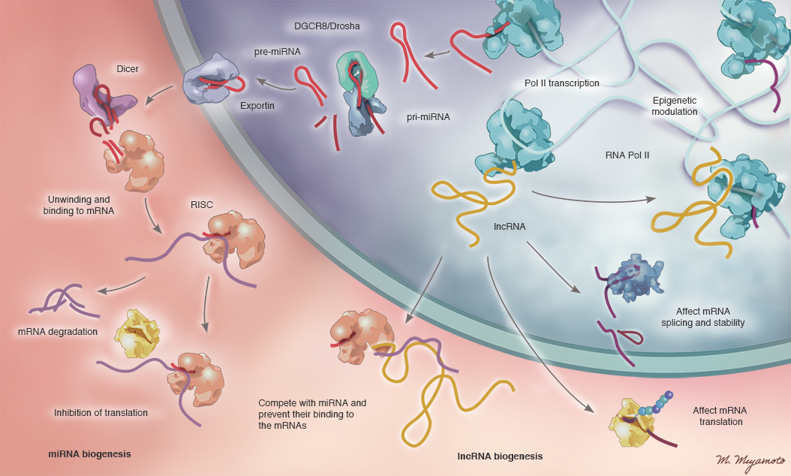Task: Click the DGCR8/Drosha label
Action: pos(326,26)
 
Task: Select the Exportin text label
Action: pos(257,106)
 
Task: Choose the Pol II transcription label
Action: pos(561,83)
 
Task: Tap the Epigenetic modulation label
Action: pos(675,105)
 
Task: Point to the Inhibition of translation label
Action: pos(101,412)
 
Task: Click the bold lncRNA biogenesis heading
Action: pos(500,456)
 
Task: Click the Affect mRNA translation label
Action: pos(719,416)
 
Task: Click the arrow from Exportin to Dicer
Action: pos(159,95)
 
